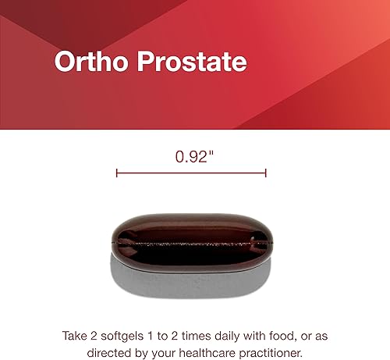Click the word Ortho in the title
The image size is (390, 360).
click(x=88, y=62)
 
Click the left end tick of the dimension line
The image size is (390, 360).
click(x=116, y=173)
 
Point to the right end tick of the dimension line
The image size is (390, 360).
click(x=266, y=173)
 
